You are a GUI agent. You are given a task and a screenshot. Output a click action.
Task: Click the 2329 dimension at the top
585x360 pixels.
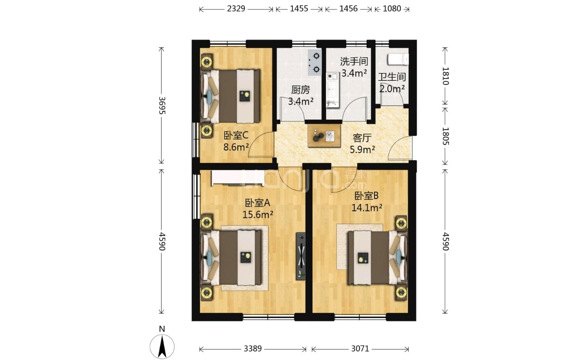click(x=236, y=9)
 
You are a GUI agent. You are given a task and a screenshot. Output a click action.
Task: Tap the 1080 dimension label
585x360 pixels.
click(x=392, y=9)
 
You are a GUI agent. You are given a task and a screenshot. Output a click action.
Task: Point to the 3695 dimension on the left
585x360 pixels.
click(x=162, y=106)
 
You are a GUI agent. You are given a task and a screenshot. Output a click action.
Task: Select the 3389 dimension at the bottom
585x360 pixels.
click(x=253, y=348)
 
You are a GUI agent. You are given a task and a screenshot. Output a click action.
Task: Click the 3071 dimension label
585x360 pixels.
click(x=360, y=348)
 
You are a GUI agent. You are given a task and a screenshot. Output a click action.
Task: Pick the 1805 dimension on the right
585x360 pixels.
click(x=445, y=136)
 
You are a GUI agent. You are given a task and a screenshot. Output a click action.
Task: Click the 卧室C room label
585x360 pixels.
click(x=236, y=136)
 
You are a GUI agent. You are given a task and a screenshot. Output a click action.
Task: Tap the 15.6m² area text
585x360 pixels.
click(x=258, y=215)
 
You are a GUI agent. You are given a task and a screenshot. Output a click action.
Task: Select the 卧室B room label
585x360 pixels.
click(x=366, y=196)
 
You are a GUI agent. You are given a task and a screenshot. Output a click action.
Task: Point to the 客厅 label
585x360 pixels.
click(x=362, y=138)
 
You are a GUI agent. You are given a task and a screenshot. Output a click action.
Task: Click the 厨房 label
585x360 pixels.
click(x=300, y=90)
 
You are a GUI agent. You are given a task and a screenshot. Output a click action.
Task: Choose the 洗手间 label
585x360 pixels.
click(x=354, y=61)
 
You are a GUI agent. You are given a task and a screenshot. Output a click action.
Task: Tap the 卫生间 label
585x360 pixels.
click(x=392, y=77)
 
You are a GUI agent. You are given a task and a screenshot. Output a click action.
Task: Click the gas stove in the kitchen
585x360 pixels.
click(x=315, y=63)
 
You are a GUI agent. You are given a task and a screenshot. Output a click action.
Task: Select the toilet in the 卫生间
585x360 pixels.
click(x=398, y=59)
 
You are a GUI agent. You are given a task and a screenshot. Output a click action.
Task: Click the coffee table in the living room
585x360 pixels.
click(x=324, y=136)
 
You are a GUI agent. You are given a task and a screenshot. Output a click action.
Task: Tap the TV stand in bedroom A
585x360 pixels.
click(x=301, y=256)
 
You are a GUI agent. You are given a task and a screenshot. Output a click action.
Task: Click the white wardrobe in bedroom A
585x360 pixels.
click(x=238, y=178)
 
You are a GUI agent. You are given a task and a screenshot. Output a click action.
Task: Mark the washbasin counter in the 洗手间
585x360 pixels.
click(x=333, y=90)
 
